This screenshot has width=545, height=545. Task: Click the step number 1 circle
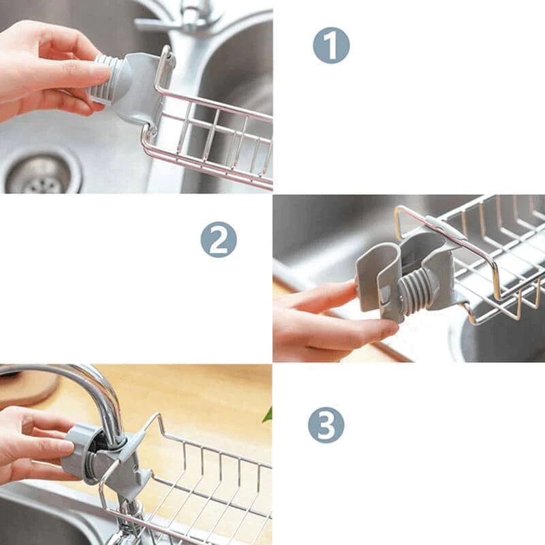(331, 46)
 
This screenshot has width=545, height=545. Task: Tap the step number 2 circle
(219, 240)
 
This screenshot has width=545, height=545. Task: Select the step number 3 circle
(326, 425)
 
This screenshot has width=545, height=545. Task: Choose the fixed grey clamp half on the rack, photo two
(435, 264)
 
